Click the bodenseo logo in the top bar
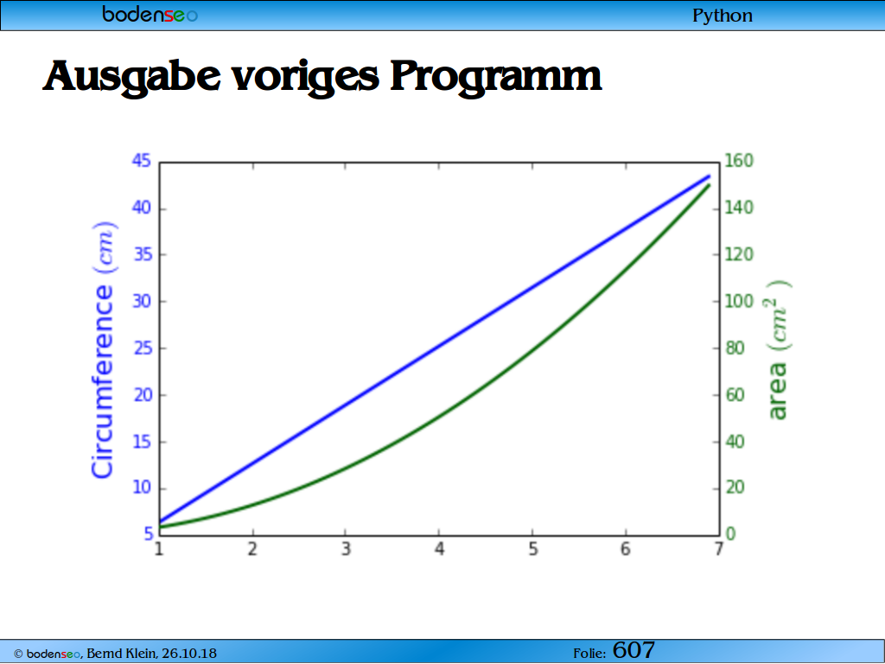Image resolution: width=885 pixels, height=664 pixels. click(150, 14)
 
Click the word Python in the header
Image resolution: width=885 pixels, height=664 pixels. click(723, 16)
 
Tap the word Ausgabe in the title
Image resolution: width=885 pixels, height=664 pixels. click(132, 76)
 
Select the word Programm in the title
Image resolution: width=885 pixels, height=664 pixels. click(495, 76)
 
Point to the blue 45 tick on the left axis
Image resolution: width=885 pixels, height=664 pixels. click(142, 161)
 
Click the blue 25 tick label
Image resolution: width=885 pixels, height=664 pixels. click(143, 348)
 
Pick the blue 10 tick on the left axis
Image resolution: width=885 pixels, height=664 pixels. click(143, 488)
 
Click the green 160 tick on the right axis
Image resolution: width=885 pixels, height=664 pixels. click(739, 161)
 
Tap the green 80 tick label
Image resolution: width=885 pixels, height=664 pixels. click(735, 348)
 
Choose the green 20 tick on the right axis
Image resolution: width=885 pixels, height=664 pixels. click(735, 488)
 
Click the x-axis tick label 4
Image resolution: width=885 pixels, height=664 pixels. click(439, 549)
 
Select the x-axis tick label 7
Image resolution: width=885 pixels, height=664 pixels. click(718, 549)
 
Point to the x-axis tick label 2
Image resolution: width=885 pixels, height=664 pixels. click(252, 549)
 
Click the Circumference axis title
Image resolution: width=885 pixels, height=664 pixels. click(104, 350)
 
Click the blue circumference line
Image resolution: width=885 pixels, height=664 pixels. click(435, 346)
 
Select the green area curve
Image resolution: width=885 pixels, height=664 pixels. click(436, 418)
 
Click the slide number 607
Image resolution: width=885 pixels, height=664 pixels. click(634, 650)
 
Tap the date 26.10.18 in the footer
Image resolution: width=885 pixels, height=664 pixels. click(189, 654)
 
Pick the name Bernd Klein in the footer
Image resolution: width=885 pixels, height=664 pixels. click(121, 654)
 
